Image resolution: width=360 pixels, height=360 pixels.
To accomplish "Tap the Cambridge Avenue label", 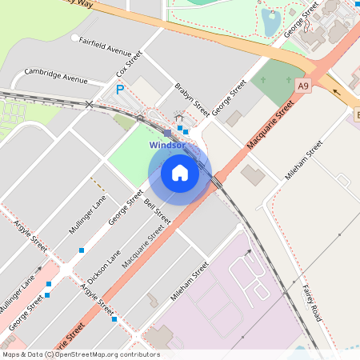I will click(56, 78).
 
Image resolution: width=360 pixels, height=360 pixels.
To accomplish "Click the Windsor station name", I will click(167, 146).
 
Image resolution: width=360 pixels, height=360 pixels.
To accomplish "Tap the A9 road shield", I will click(302, 85).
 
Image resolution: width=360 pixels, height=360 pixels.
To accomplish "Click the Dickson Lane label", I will click(103, 266).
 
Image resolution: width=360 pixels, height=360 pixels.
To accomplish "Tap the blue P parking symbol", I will click(120, 90).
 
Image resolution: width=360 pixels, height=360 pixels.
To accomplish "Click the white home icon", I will click(180, 172).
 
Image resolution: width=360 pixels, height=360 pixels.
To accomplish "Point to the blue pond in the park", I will click(270, 21).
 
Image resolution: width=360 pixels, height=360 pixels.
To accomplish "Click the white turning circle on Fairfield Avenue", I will click(74, 38).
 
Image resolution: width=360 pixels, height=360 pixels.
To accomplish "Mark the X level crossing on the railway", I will click(90, 105).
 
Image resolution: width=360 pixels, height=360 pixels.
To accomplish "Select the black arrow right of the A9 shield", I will click(336, 91).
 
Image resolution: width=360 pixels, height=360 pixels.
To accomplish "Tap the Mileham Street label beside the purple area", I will click(190, 281).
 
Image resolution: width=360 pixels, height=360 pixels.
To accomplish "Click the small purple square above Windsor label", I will click(166, 133).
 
